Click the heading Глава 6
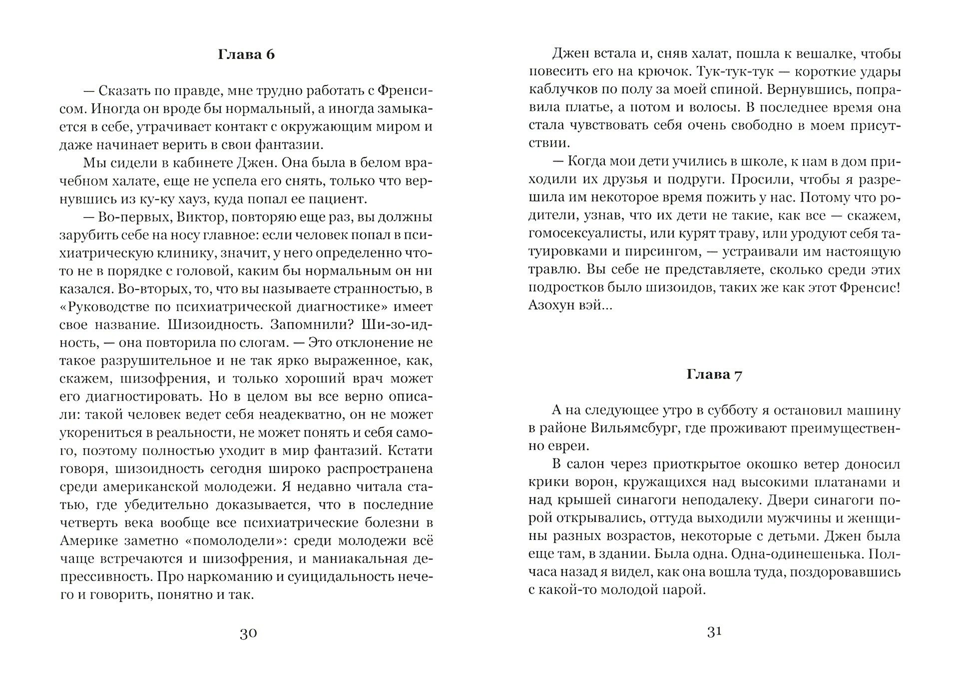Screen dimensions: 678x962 pos(246,54)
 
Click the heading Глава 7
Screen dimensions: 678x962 pos(714,374)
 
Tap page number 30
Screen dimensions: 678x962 pos(248,633)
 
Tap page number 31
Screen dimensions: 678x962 pos(714,632)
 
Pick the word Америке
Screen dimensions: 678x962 pos(89,540)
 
